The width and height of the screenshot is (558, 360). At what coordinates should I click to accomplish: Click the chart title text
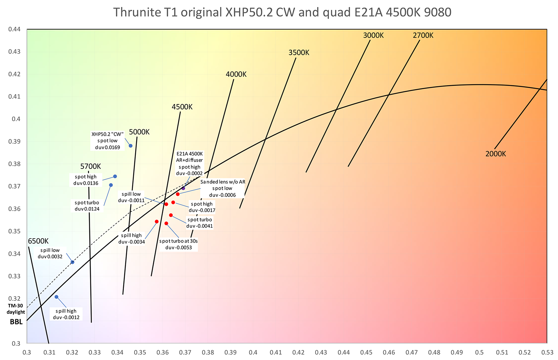point(282,12)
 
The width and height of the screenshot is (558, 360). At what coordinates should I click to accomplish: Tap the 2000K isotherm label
point(495,154)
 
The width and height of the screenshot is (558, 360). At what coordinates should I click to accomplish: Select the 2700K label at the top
point(423,35)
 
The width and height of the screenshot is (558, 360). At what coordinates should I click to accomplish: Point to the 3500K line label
point(299,53)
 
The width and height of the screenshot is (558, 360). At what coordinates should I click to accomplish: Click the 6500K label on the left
point(38,241)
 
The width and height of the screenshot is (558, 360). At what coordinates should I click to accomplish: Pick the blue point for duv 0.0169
point(131,146)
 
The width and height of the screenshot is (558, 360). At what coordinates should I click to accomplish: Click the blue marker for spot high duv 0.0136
point(115,176)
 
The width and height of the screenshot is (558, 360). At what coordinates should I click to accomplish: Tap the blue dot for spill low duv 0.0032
point(72,262)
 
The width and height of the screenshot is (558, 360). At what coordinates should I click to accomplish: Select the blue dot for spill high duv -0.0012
point(57,297)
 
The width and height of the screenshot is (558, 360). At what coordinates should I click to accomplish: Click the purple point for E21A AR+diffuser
point(183,188)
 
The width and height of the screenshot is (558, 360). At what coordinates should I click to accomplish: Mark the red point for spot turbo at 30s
point(166,224)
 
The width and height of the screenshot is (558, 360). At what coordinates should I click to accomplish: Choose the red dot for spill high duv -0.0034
point(157,222)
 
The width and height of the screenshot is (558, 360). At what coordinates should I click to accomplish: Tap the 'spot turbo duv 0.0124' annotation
point(87,206)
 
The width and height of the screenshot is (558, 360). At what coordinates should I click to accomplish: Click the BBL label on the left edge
point(16,322)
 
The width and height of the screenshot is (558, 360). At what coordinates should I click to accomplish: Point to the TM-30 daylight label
point(16,309)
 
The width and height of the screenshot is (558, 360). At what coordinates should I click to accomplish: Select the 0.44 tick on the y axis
point(14,29)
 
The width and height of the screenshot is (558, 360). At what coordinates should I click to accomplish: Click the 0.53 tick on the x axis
point(547,352)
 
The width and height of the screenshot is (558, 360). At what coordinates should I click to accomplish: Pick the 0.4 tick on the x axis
point(253,352)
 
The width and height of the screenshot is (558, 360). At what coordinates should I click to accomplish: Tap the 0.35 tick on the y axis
point(14,231)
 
